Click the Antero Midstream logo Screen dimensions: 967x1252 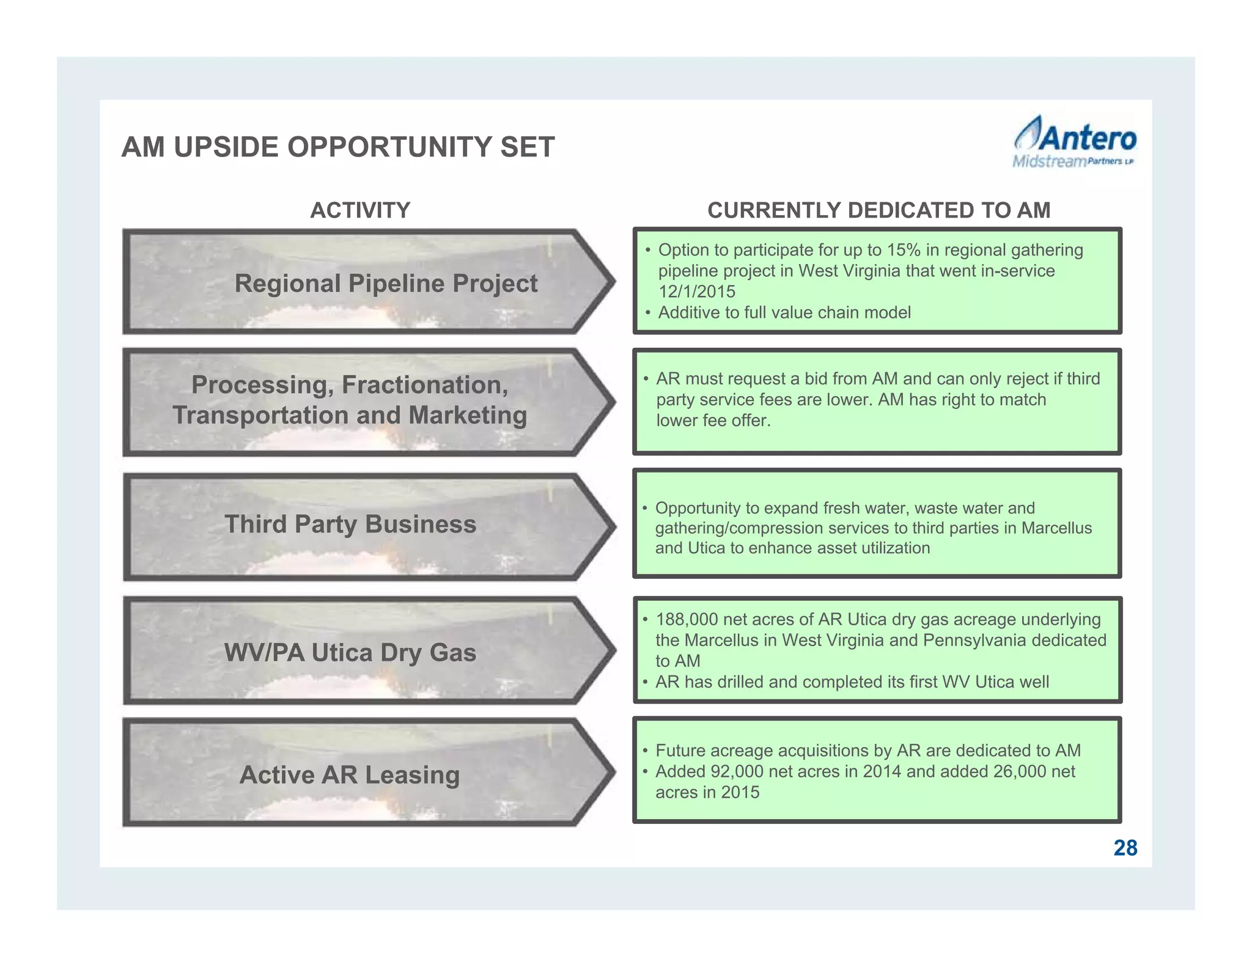click(1074, 142)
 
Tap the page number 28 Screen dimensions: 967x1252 click(1125, 848)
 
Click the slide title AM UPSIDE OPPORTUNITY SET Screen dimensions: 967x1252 click(338, 147)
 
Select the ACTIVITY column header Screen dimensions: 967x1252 click(360, 210)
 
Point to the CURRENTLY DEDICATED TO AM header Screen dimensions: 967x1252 click(878, 210)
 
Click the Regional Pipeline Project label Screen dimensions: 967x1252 click(386, 284)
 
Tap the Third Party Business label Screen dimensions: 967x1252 click(350, 524)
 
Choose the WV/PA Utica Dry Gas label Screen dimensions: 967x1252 click(350, 653)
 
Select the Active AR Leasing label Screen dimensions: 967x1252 click(350, 775)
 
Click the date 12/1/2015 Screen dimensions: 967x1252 click(697, 292)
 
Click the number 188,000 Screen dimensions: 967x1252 click(687, 619)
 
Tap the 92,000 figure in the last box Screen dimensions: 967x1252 click(737, 771)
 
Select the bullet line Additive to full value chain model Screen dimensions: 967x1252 click(784, 312)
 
